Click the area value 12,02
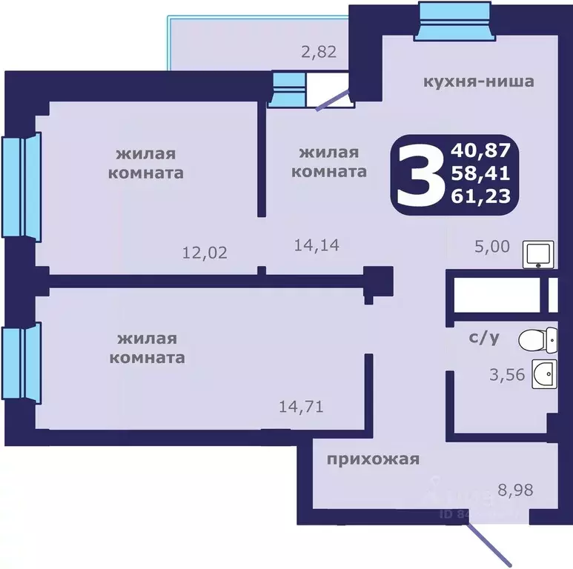[205, 252]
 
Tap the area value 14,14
[317, 244]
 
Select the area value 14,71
[300, 406]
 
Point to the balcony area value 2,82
[317, 52]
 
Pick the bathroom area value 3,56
[507, 375]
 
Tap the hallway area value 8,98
[516, 489]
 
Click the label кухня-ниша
[477, 81]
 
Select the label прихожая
[373, 459]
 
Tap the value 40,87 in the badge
[480, 151]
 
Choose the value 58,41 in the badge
[480, 174]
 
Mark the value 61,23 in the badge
[480, 197]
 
